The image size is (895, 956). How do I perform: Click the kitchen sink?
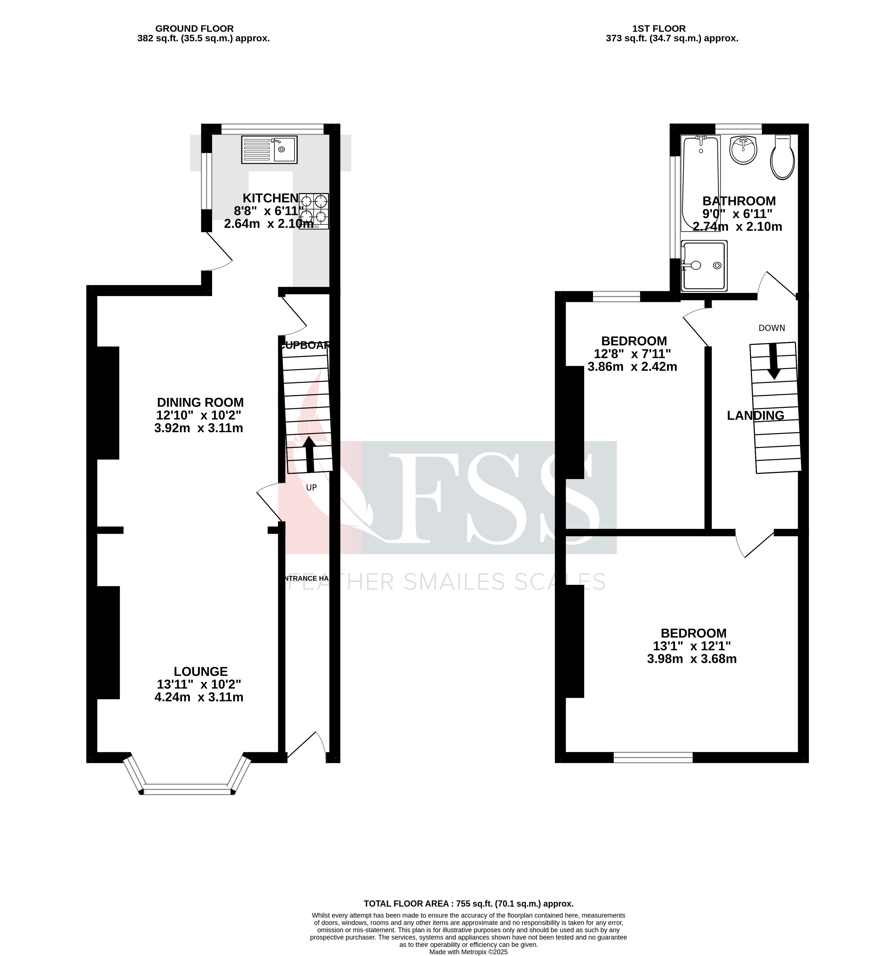[x=269, y=150]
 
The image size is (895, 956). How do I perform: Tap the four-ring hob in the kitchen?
[x=314, y=211]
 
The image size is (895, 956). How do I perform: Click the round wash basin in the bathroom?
[x=743, y=150]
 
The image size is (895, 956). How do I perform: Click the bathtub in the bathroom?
[x=700, y=183]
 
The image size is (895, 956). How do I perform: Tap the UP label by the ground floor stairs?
[x=311, y=488]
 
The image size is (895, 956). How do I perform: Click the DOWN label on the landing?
[x=771, y=328]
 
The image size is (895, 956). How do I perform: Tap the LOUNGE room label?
[x=201, y=671]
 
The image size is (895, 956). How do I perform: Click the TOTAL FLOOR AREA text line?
[x=468, y=903]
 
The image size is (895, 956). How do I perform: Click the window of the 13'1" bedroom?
[x=653, y=757]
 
